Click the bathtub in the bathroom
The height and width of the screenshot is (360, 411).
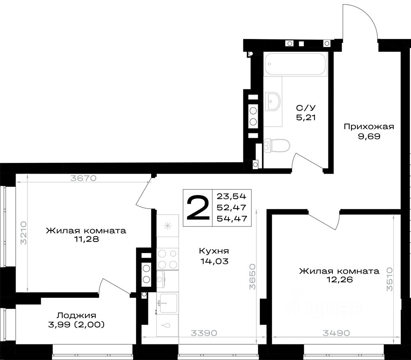click(295, 64)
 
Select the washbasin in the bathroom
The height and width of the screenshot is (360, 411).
click(272, 101)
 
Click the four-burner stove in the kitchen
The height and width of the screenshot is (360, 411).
click(168, 259)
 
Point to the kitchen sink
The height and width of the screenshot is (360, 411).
click(168, 303)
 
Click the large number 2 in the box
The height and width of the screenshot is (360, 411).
click(198, 208)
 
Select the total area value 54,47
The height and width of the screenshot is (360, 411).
click(232, 218)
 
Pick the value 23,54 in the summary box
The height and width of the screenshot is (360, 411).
click(232, 196)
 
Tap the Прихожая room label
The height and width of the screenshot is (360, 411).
click(369, 127)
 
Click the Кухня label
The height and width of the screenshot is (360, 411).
click(214, 251)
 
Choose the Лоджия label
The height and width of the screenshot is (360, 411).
click(76, 316)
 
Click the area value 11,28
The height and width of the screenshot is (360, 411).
click(86, 239)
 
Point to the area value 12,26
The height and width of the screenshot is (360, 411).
click(340, 279)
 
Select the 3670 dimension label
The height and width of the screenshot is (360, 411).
click(83, 178)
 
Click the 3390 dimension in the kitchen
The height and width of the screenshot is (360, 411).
click(204, 333)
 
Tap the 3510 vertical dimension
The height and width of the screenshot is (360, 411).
click(390, 279)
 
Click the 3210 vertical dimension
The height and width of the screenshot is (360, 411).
click(23, 233)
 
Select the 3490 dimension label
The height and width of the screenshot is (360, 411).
click(336, 333)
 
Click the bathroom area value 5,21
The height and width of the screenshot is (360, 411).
click(306, 117)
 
